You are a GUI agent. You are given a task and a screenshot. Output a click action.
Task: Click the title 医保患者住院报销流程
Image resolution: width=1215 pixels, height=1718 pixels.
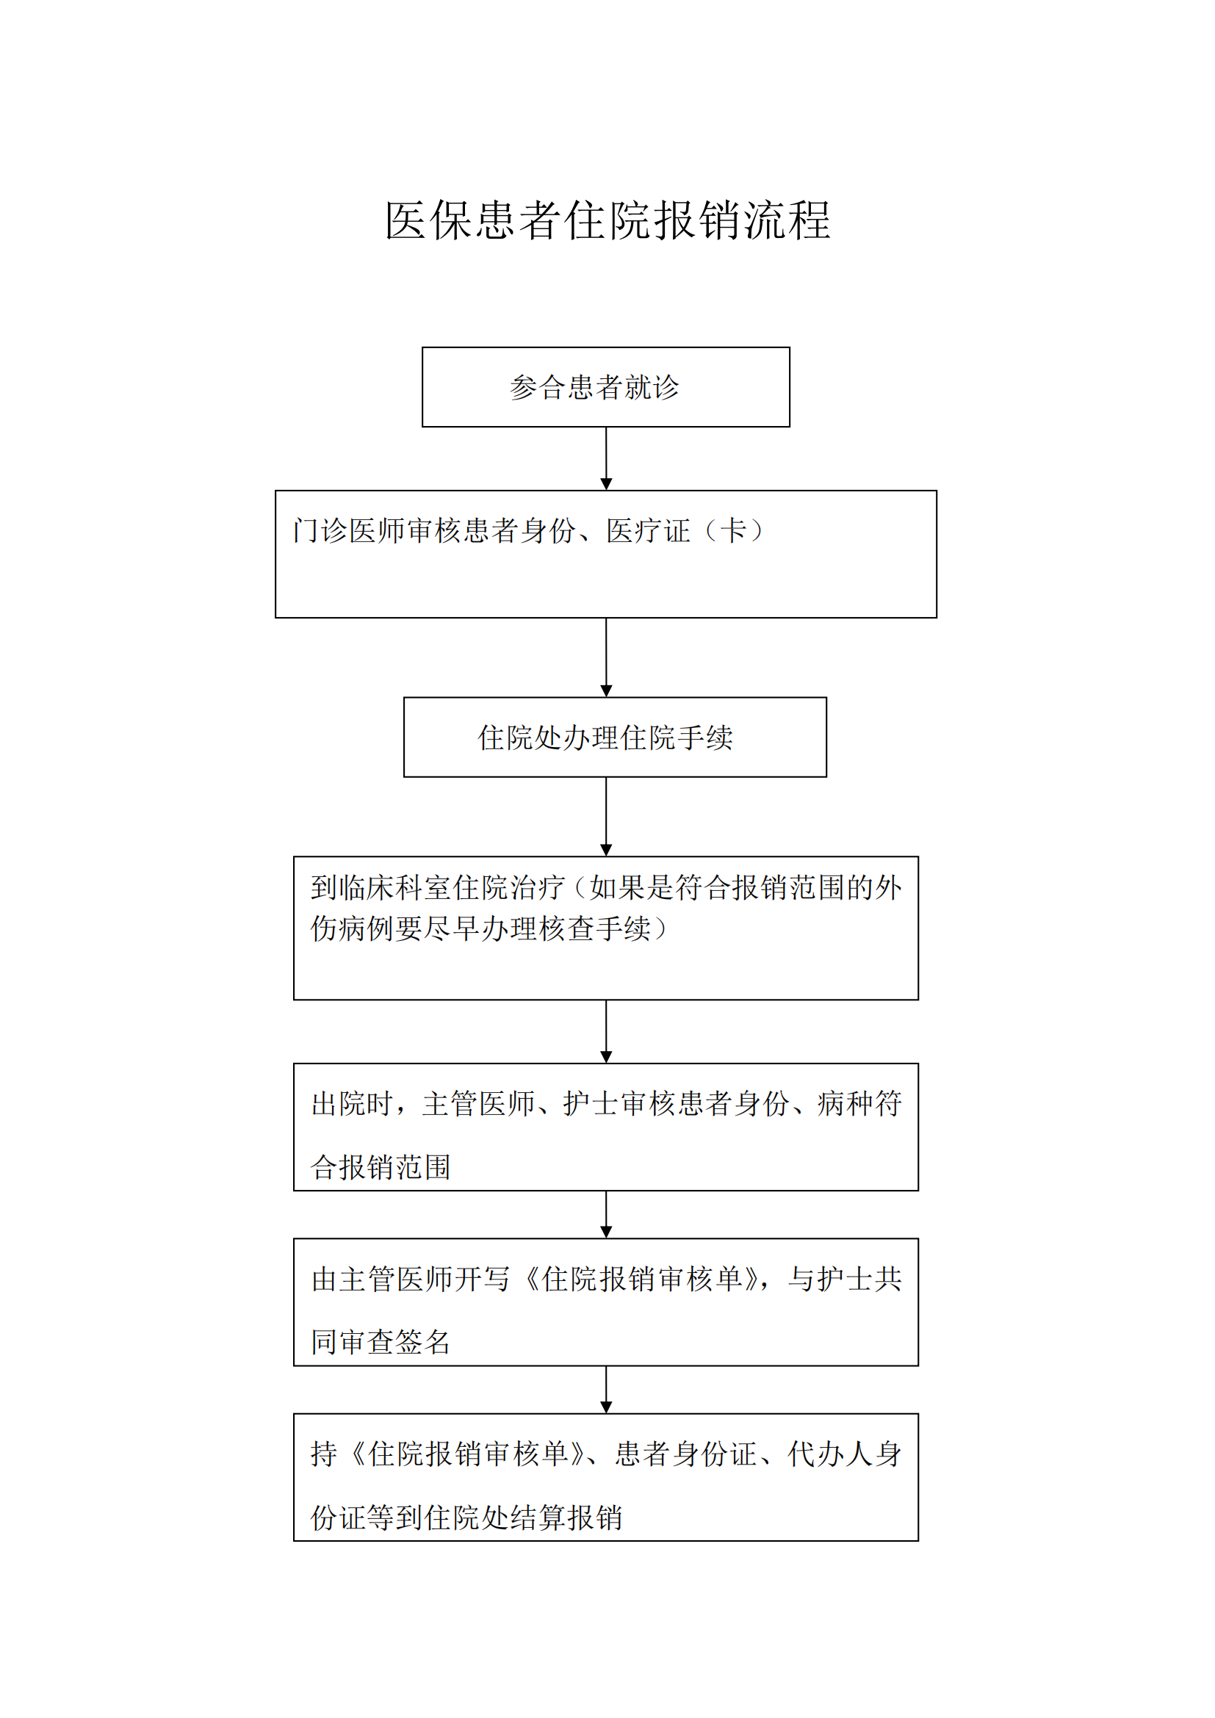pyautogui.click(x=607, y=221)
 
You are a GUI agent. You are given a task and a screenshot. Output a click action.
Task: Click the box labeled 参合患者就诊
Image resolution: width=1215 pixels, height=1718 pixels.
pyautogui.click(x=606, y=387)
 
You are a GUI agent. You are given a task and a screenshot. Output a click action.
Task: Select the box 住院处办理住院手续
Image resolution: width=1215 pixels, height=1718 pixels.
pyautogui.click(x=615, y=737)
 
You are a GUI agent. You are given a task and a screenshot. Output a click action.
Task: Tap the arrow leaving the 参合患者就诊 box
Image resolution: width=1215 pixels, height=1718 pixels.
pyautogui.click(x=606, y=458)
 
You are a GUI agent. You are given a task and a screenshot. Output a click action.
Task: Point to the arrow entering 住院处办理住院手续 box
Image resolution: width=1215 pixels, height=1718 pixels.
pyautogui.click(x=606, y=657)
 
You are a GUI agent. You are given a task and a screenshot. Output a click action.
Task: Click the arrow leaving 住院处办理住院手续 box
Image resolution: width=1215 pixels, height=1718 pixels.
pyautogui.click(x=606, y=816)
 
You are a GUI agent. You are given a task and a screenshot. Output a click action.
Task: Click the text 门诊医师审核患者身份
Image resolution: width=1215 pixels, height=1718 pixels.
pyautogui.click(x=434, y=530)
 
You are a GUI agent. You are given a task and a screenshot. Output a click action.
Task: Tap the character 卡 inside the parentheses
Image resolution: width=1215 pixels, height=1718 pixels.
pyautogui.click(x=733, y=530)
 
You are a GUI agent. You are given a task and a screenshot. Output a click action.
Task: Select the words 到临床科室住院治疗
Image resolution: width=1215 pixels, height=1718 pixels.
pyautogui.click(x=438, y=887)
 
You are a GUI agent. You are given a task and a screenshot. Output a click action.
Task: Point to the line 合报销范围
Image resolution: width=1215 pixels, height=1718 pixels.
pyautogui.click(x=381, y=1166)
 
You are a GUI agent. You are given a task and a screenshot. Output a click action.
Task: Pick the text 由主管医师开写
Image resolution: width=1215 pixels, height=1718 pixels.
pyautogui.click(x=410, y=1279)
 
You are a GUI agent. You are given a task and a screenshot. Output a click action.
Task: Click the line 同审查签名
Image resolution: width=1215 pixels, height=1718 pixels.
pyautogui.click(x=381, y=1342)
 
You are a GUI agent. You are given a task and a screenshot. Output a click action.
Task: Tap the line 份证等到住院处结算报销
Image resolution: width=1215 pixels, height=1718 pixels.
pyautogui.click(x=466, y=1517)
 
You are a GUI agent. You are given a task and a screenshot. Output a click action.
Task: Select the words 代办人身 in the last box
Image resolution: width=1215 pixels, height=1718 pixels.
pyautogui.click(x=845, y=1454)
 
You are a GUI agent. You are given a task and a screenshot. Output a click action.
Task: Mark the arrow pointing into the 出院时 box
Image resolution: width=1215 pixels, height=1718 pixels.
pyautogui.click(x=606, y=1031)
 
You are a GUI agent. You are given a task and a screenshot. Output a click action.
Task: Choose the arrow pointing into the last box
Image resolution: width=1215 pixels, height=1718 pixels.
pyautogui.click(x=606, y=1390)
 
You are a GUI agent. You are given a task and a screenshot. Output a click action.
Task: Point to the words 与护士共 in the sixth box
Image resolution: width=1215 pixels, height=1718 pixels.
pyautogui.click(x=845, y=1279)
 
